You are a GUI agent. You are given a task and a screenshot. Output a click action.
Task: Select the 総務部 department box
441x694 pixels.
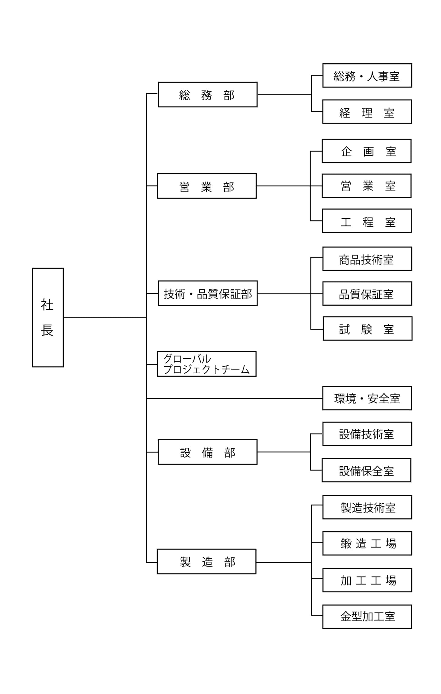(x=207, y=95)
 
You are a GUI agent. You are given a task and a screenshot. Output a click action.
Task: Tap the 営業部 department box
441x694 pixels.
(x=207, y=186)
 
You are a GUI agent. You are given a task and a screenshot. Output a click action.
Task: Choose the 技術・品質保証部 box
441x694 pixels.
(x=208, y=293)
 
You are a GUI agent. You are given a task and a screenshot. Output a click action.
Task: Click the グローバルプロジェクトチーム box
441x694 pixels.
(x=206, y=364)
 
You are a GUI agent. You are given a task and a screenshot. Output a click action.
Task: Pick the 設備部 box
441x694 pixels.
(x=207, y=452)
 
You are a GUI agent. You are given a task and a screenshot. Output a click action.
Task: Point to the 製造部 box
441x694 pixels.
(x=206, y=562)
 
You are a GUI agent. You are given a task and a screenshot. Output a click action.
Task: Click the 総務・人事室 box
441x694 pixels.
(x=367, y=76)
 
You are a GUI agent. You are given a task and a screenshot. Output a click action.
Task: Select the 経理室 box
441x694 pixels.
(x=367, y=112)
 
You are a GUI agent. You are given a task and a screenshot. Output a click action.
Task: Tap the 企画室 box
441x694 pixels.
(x=366, y=151)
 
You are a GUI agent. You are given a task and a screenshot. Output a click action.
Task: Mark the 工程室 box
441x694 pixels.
(x=367, y=221)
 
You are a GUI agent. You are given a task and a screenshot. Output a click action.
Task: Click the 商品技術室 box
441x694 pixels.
(x=367, y=259)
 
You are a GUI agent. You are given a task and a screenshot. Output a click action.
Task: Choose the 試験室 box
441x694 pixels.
(x=367, y=329)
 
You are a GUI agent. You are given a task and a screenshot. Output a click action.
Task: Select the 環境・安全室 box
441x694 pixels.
(x=367, y=398)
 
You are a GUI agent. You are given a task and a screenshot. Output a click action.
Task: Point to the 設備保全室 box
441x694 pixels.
(x=366, y=470)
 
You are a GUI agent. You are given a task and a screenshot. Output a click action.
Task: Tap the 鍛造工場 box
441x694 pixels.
(x=367, y=543)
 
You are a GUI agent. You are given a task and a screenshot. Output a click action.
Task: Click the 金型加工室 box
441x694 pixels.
(x=367, y=617)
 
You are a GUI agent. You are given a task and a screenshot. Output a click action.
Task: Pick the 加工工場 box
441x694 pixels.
(x=367, y=580)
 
